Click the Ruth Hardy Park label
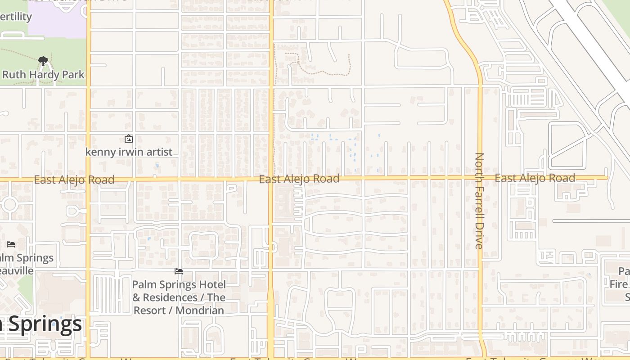[x=43, y=75]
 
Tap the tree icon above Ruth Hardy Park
[x=43, y=61]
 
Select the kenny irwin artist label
[x=129, y=152]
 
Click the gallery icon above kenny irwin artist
[x=129, y=139]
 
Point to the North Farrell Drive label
[x=479, y=201]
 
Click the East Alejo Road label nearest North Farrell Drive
[x=535, y=178]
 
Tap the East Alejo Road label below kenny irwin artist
[x=74, y=180]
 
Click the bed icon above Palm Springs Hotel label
[x=179, y=271]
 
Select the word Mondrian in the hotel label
[x=200, y=310]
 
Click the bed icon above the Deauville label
[x=11, y=244]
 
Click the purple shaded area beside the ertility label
[x=58, y=20]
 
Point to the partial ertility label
[x=16, y=17]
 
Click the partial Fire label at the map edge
[x=619, y=284]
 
